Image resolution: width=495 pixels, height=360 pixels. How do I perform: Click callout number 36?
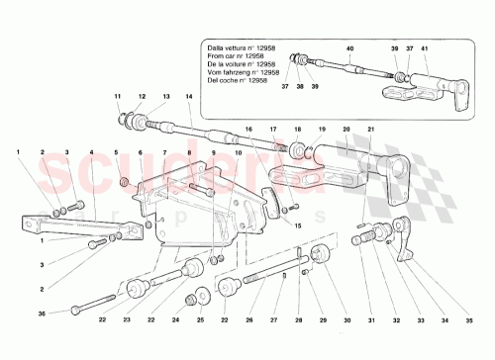click(42, 314)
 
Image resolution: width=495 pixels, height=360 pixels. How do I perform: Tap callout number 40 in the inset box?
click(348, 47)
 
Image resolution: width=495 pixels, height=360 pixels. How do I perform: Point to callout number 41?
click(426, 47)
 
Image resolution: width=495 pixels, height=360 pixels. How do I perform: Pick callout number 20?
click(345, 130)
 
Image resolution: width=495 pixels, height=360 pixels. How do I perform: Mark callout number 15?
click(298, 225)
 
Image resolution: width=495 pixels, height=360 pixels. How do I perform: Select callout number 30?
click(347, 320)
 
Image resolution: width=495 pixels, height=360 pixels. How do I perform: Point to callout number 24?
click(175, 320)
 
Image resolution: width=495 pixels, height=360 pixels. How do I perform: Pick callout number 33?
click(425, 320)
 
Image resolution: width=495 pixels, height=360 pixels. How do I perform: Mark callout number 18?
click(297, 130)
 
